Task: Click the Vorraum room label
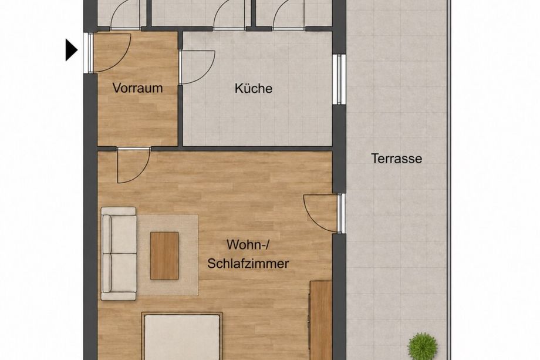[x=137, y=88]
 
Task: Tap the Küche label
[x=254, y=88]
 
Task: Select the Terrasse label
[x=396, y=159]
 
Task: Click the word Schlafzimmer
[x=248, y=264]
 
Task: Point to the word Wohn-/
[x=247, y=245]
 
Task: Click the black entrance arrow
[x=71, y=51]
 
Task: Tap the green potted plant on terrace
[x=423, y=345]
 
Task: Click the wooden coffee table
[x=164, y=255]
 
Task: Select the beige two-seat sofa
[x=119, y=254]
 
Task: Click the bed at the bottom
[x=182, y=336]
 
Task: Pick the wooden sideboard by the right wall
[x=320, y=321]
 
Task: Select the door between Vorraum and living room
[x=134, y=166]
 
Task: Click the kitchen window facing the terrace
[x=339, y=79]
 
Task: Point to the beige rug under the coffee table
[x=168, y=255]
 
